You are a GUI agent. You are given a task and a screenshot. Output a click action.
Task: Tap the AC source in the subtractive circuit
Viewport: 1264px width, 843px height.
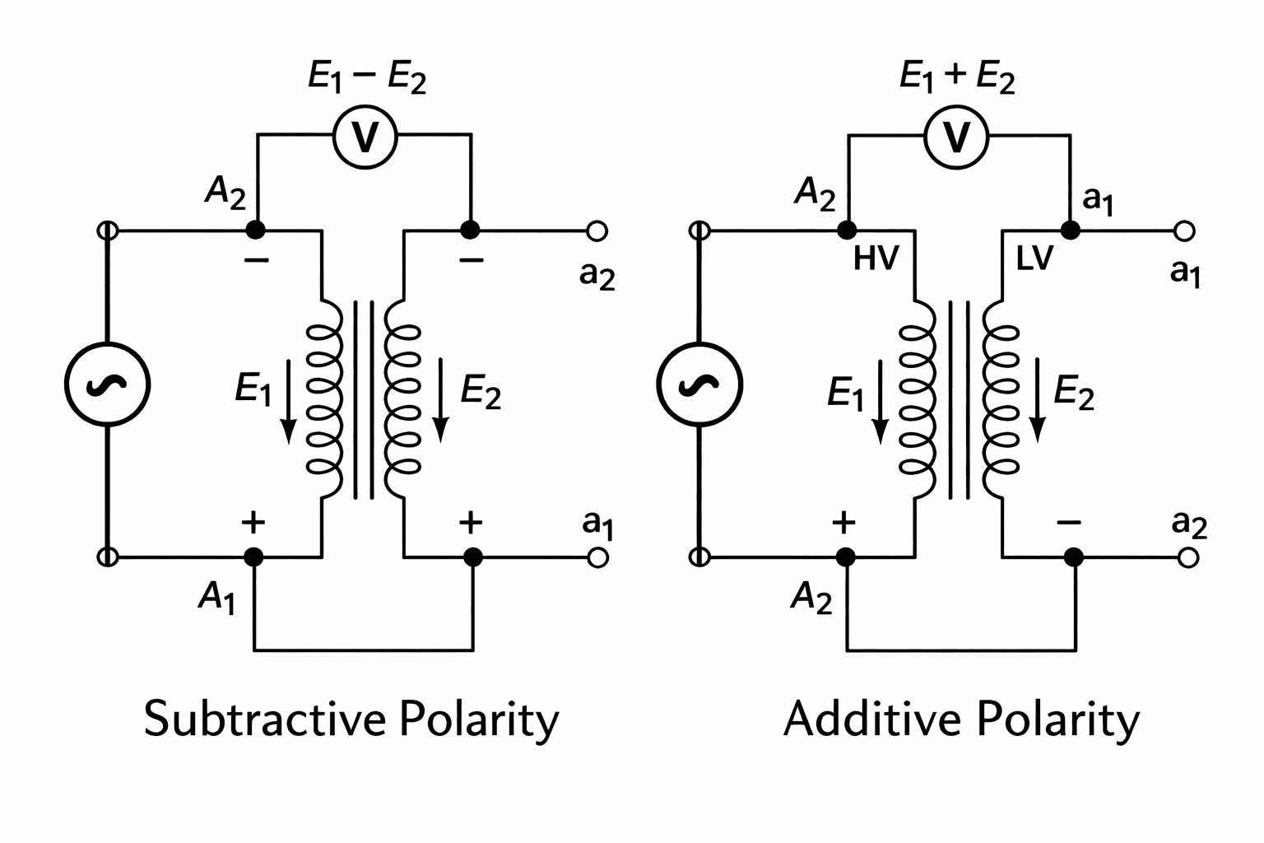point(107,384)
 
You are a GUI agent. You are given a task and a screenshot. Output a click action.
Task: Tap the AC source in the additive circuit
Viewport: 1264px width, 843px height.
point(699,384)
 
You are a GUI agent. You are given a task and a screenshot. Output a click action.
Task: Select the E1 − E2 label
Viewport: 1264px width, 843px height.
point(366,79)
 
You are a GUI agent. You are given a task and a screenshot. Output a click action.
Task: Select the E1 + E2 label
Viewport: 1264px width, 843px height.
point(957,78)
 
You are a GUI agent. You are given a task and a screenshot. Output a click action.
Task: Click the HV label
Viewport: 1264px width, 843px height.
point(876,258)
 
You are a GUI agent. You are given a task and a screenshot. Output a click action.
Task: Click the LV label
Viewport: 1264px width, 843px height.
point(1034,258)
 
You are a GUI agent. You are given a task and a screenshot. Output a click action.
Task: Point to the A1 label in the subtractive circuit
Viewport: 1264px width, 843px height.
point(216,597)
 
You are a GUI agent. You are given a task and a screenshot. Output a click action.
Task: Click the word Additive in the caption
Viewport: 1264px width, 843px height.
point(871,718)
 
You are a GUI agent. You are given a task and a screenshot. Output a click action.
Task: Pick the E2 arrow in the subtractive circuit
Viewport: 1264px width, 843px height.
point(441,399)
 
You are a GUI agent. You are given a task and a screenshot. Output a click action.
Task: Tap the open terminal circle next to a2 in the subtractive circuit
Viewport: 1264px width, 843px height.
point(597,231)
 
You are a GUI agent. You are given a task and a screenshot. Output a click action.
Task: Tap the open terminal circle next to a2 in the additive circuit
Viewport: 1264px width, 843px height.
point(1187,558)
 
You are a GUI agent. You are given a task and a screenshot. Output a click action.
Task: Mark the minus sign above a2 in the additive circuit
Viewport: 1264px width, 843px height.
point(1068,523)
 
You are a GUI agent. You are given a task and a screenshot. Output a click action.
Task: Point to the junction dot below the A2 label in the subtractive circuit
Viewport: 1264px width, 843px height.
point(256,230)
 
